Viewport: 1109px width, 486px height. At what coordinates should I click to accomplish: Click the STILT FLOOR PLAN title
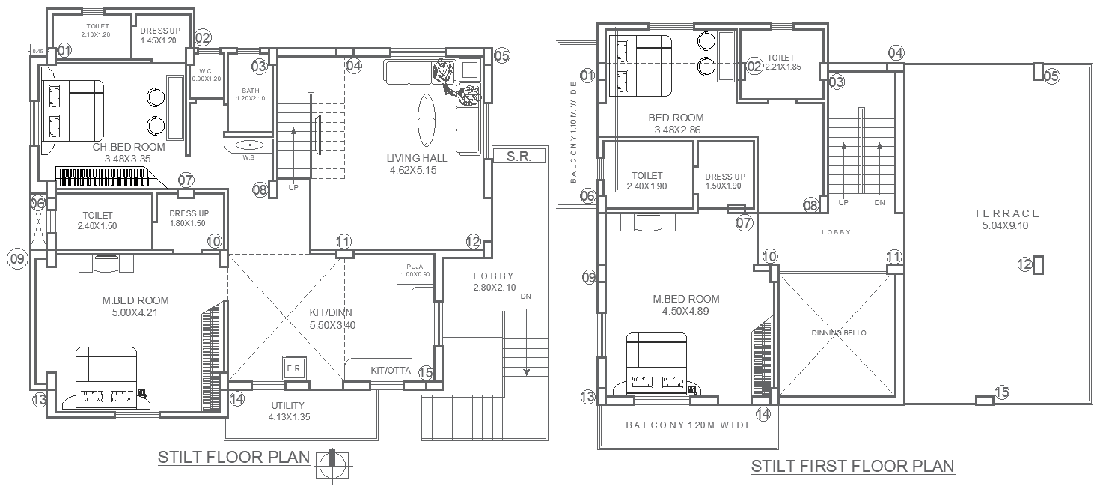tap(233, 457)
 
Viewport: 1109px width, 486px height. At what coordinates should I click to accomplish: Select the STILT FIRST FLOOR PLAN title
tap(852, 466)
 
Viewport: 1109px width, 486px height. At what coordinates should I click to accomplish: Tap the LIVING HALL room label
tap(417, 158)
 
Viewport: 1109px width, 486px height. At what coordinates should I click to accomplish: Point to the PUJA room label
tap(415, 267)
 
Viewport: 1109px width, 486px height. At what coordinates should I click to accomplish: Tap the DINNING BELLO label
tap(838, 332)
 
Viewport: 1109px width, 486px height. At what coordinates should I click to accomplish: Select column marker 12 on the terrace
tap(1038, 264)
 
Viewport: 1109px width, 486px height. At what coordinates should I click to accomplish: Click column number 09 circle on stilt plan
tap(16, 259)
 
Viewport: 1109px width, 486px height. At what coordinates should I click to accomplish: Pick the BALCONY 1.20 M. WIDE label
tap(688, 425)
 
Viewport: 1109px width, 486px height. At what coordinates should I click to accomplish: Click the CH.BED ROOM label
tap(128, 148)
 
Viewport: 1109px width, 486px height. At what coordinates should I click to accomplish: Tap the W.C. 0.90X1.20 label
tap(207, 76)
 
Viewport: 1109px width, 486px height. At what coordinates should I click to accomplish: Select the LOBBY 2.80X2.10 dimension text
tap(493, 288)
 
